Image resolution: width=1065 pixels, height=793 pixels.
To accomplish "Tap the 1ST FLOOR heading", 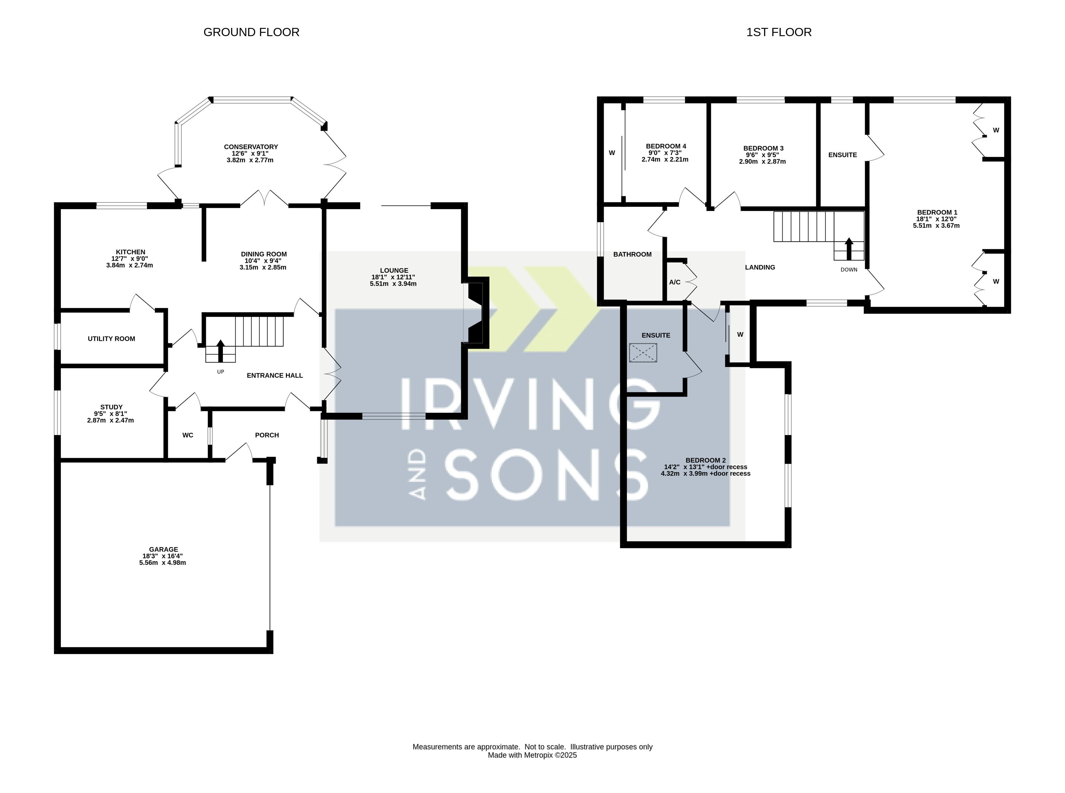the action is [779, 32].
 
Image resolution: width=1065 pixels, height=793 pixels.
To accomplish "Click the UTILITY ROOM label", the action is [111, 339].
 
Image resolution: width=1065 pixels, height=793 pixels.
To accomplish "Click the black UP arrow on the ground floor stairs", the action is [221, 350].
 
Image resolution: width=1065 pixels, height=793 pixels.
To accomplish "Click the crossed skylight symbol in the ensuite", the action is [643, 353].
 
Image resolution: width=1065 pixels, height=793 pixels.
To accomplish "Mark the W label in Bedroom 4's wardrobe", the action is [612, 153].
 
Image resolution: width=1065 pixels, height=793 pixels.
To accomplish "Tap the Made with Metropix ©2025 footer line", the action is [533, 755].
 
